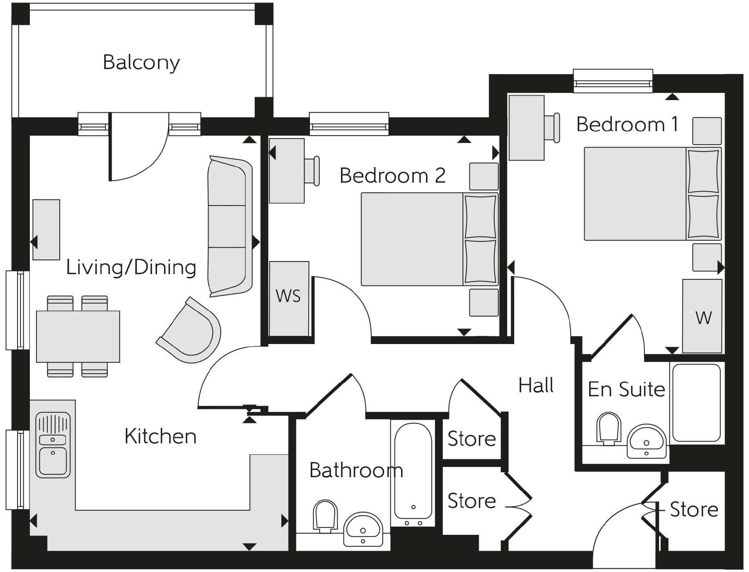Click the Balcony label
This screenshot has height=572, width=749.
point(141,63)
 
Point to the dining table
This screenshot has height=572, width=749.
point(78,336)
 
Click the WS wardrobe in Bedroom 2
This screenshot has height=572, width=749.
point(289,298)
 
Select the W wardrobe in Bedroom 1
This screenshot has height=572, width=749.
point(702,316)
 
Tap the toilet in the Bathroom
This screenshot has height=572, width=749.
point(325,516)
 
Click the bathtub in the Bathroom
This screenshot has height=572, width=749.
point(413,473)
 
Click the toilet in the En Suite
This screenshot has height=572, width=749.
point(608,428)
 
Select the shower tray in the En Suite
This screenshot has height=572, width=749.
point(696,402)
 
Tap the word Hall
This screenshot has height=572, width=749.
point(536,385)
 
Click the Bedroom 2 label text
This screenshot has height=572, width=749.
point(392,176)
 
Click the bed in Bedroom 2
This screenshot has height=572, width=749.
point(429,239)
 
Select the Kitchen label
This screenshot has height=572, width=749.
point(160,436)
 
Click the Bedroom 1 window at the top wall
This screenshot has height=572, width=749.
point(612,81)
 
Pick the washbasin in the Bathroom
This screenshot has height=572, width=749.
point(363,529)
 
